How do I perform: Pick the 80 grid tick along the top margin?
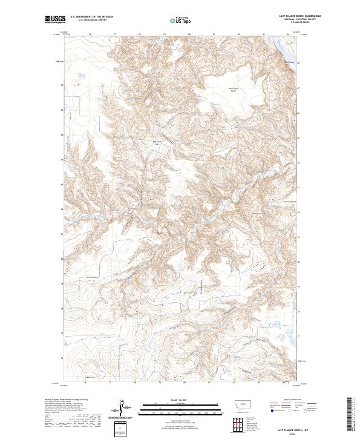189,35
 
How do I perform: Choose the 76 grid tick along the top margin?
90,35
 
